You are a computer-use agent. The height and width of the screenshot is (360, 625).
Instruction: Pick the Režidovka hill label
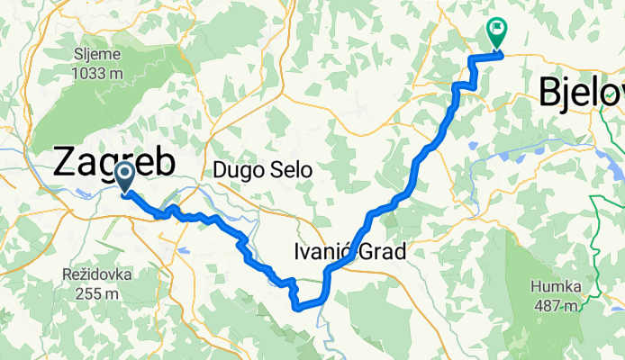pos(98,275)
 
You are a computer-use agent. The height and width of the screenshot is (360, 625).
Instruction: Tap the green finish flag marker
pos(496,31)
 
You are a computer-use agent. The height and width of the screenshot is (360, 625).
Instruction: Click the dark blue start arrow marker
pos(125,175)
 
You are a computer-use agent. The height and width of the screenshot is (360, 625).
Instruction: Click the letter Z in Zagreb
pos(66,162)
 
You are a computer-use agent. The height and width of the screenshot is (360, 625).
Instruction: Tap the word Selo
pos(290,169)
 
